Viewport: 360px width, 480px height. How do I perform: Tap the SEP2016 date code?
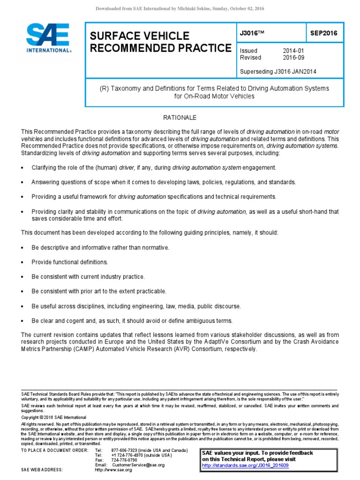click(323, 33)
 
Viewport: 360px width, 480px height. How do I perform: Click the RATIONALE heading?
click(180, 118)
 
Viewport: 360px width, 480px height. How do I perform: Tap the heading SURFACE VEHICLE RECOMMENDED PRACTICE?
click(158, 42)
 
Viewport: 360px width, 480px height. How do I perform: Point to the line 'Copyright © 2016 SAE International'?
click(54, 417)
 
